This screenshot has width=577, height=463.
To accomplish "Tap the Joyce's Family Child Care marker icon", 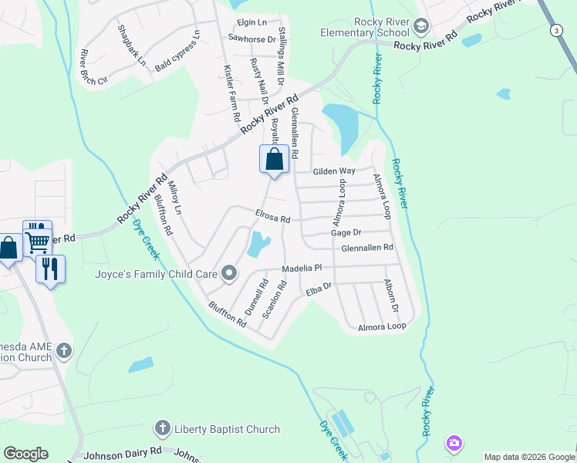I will pyautogui.click(x=229, y=273).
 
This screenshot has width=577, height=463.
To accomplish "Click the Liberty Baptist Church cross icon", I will pyautogui.click(x=162, y=428).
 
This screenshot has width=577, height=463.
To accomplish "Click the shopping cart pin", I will pyautogui.click(x=37, y=240).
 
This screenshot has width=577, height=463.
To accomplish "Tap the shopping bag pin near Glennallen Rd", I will pyautogui.click(x=274, y=161).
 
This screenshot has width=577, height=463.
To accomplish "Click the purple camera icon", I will pyautogui.click(x=454, y=444).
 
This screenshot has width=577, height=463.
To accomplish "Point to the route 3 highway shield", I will pyautogui.click(x=556, y=30).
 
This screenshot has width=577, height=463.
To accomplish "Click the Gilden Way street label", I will pyautogui.click(x=334, y=171).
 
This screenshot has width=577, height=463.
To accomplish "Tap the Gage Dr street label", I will pyautogui.click(x=346, y=232).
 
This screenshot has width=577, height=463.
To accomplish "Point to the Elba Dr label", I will pyautogui.click(x=318, y=288).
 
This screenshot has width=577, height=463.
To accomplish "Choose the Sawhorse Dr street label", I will pyautogui.click(x=251, y=39).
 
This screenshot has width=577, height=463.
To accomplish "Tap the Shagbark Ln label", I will pyautogui.click(x=131, y=46).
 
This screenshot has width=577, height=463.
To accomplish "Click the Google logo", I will pyautogui.click(x=25, y=454).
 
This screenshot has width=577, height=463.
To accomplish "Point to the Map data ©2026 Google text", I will pyautogui.click(x=529, y=457).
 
